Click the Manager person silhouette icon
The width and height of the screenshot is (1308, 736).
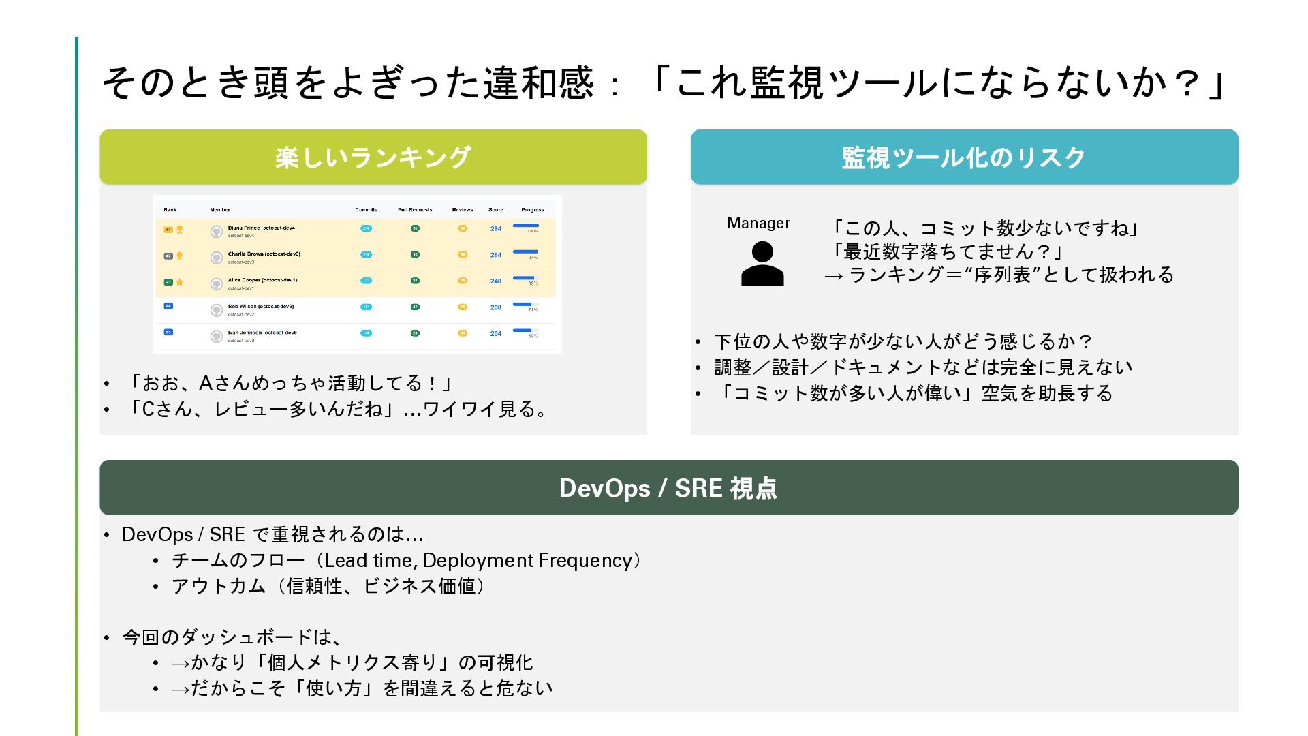pos(762,264)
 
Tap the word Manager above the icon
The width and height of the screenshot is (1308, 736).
pos(758,224)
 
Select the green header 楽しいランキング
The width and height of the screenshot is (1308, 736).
pos(373,157)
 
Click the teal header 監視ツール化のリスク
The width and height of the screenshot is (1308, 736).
pos(964,157)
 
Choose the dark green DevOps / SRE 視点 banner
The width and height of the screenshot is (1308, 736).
pos(668,488)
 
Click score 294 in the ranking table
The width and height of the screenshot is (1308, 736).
pos(496,229)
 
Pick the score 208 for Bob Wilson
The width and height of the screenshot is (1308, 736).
pos(496,307)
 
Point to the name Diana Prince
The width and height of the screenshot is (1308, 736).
pos(244,228)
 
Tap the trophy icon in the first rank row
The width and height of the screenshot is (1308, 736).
pos(180,230)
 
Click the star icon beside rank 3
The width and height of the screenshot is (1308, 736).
pos(180,281)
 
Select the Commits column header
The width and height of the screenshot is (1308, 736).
pos(366,210)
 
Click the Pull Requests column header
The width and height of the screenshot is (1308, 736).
pos(415,210)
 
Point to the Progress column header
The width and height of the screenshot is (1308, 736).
pos(533,210)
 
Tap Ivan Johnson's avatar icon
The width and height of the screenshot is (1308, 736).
pos(217,336)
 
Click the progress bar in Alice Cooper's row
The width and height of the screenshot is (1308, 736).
pos(525,278)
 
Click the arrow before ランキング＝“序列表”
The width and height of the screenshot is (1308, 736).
pos(834,276)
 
